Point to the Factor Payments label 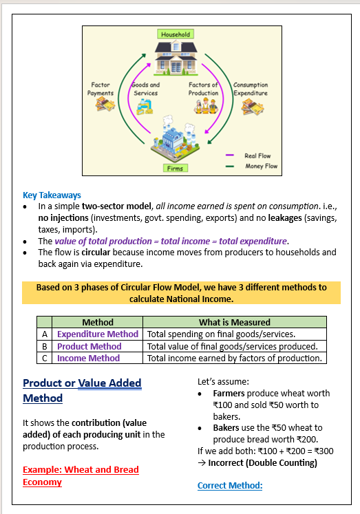click(100, 89)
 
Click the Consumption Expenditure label click(251, 89)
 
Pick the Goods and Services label click(145, 89)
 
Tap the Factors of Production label click(204, 89)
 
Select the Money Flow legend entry click(260, 167)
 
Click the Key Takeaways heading click(52, 195)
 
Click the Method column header click(98, 322)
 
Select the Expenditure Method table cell click(98, 334)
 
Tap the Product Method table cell click(89, 346)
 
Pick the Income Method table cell click(89, 358)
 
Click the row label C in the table click(44, 358)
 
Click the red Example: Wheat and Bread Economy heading click(81, 475)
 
